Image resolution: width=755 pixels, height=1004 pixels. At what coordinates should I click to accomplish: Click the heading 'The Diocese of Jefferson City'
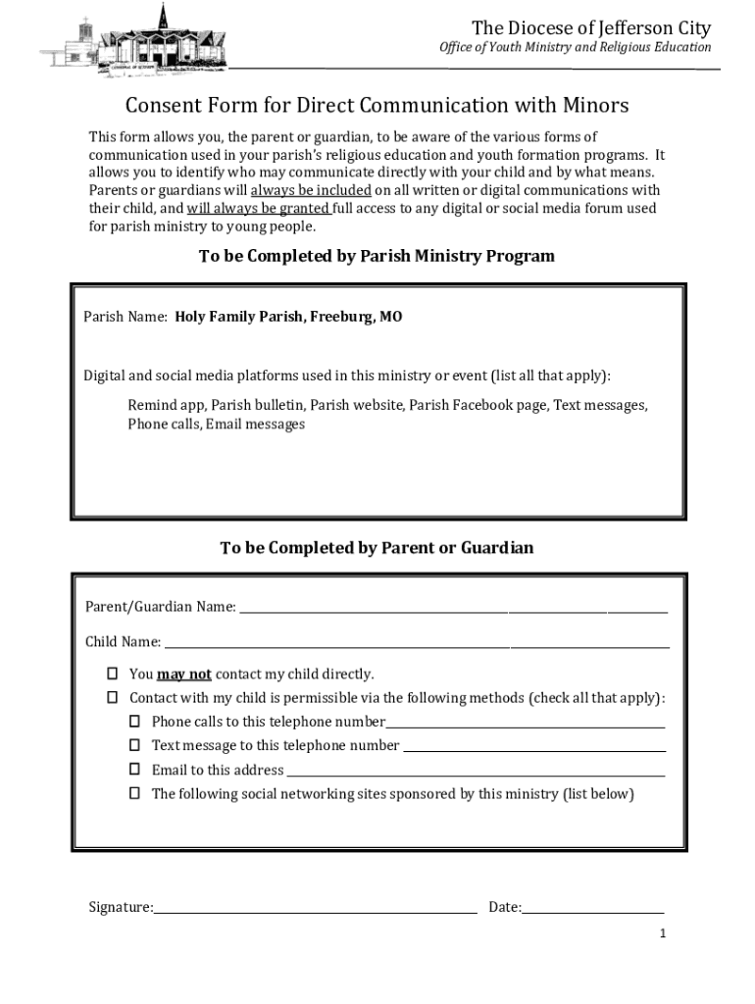click(591, 27)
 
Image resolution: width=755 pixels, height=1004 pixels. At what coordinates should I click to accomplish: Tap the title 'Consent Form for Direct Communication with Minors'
click(377, 105)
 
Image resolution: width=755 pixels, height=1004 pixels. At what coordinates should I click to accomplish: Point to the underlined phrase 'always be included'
click(311, 190)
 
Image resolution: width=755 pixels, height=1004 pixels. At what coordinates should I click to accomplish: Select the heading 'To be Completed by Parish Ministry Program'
click(377, 256)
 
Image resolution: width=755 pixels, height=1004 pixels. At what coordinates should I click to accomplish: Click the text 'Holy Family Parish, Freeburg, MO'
click(288, 317)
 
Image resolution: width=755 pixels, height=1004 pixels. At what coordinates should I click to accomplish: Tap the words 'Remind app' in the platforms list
click(166, 404)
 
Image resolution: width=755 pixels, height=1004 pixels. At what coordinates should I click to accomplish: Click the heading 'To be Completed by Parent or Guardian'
click(377, 547)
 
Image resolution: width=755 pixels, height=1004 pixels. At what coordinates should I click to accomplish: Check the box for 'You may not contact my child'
click(112, 674)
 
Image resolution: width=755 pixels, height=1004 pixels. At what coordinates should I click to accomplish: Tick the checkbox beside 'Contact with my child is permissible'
click(112, 697)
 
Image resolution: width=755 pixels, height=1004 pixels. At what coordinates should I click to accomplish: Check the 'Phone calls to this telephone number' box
click(134, 721)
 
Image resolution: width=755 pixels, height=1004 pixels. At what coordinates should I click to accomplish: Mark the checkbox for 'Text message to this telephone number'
click(134, 745)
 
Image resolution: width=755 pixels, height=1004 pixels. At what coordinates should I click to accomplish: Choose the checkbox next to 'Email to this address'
click(134, 769)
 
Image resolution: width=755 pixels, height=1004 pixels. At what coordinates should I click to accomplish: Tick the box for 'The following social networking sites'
click(134, 793)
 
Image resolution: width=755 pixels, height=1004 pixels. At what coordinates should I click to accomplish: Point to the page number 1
click(663, 933)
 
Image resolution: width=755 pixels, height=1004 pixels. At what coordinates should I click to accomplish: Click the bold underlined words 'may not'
click(184, 674)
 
